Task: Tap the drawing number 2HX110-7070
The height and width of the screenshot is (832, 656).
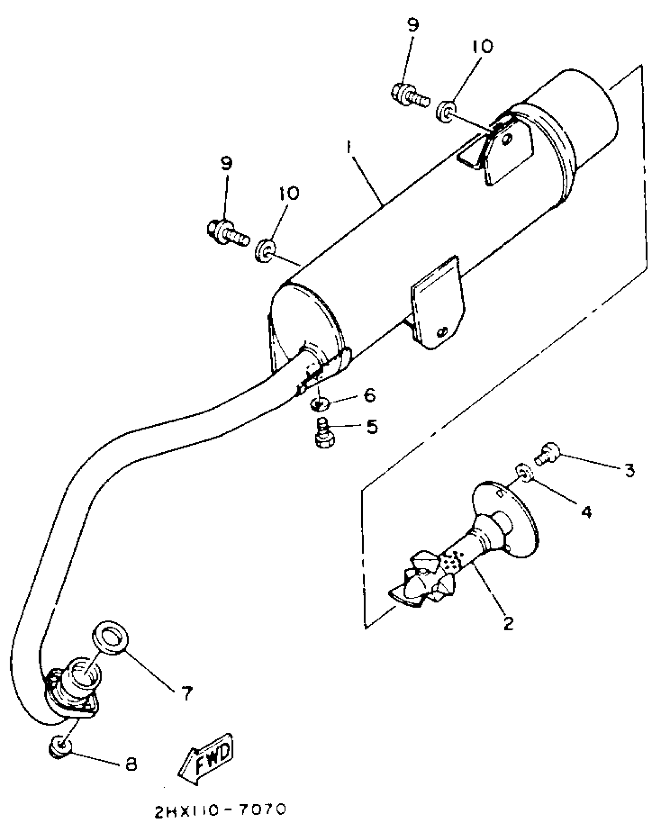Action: (x=220, y=811)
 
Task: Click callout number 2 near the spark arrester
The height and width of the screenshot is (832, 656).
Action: (x=509, y=623)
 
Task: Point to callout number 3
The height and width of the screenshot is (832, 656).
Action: (x=629, y=470)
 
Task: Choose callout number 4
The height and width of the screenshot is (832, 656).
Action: (x=586, y=512)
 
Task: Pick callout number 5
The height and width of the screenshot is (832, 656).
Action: (x=372, y=427)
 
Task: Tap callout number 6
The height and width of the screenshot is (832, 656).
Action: (x=369, y=395)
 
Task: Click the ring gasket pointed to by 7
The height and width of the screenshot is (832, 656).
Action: (x=110, y=638)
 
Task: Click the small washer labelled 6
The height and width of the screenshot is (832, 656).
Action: (x=320, y=404)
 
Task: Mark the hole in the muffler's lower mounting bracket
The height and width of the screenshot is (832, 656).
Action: (x=442, y=332)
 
